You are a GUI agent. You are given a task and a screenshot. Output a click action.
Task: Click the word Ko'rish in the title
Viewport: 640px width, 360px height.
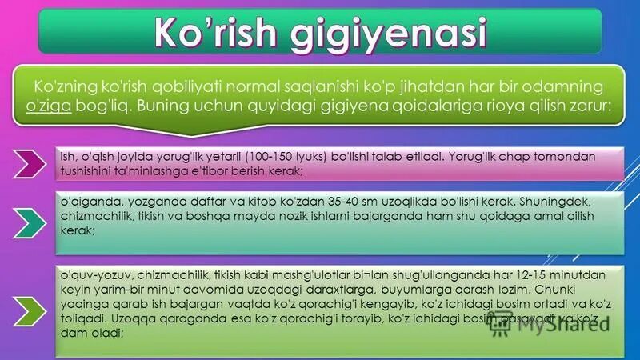(x=210, y=34)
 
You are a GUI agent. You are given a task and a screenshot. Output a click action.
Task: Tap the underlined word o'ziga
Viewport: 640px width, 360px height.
(x=50, y=106)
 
